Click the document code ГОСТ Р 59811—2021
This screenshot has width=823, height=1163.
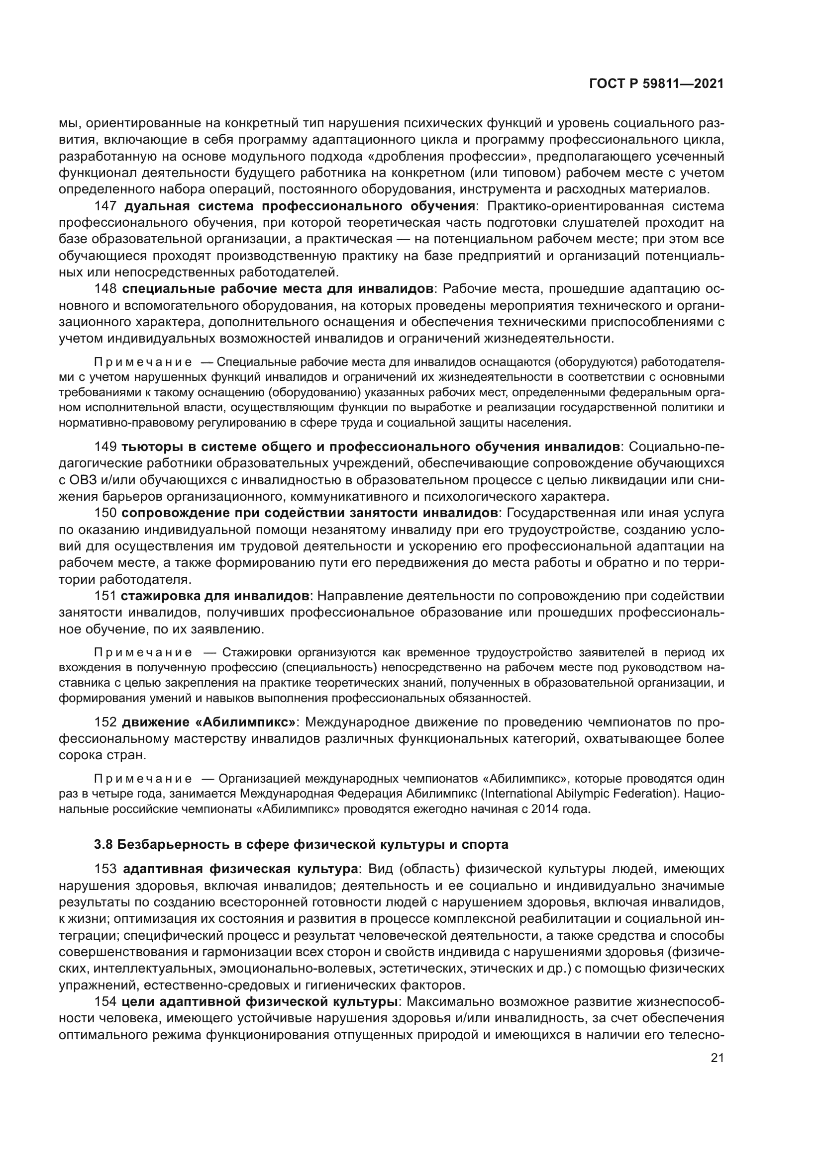[x=656, y=84]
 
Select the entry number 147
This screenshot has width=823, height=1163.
[x=106, y=206]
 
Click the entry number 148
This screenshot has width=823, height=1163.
[x=106, y=289]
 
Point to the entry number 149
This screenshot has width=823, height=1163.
[x=106, y=447]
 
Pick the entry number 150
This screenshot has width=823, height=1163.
[x=106, y=513]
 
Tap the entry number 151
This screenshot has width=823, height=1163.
[x=106, y=596]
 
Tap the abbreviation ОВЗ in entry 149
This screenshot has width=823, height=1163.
[x=83, y=480]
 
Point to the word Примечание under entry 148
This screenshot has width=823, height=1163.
[x=143, y=362]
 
